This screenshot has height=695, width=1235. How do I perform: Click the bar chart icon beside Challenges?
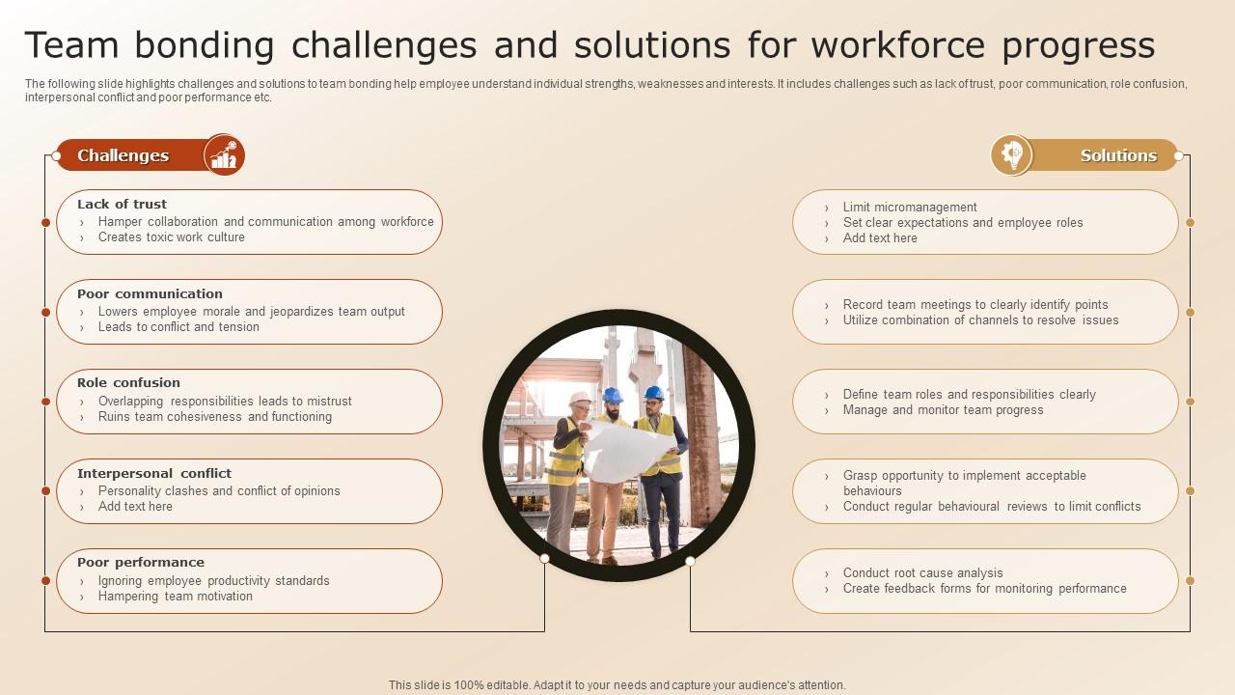point(224,155)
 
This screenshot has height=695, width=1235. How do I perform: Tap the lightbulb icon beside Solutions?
point(1012,155)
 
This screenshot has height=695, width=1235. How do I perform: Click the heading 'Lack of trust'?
point(122,204)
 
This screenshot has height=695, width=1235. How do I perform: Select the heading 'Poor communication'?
point(150,294)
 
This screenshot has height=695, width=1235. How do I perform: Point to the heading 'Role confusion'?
point(128,383)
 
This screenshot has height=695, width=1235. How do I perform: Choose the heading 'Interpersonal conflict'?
point(154,473)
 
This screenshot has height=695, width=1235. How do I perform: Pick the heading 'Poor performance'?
point(141,563)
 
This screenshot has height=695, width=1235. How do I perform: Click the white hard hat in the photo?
point(579,399)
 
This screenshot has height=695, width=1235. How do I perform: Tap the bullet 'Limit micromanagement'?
point(910,207)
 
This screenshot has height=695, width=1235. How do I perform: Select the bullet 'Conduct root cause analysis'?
point(923,572)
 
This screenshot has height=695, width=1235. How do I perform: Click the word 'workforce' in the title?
point(898,44)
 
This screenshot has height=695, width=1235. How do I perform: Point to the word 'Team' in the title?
point(71,44)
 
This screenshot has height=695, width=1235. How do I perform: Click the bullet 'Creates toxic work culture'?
point(172,236)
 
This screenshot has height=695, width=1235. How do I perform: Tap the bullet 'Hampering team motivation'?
point(176,596)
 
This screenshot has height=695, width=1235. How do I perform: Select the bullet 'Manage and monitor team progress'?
point(944,410)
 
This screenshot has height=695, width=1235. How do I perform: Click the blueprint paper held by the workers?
point(626,450)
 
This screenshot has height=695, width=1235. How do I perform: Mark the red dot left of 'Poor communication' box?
point(45,312)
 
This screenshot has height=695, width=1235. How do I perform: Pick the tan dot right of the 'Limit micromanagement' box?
point(1191,222)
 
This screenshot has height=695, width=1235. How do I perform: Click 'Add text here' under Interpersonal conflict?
point(135,507)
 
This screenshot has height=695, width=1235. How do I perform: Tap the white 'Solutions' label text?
point(1118,155)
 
